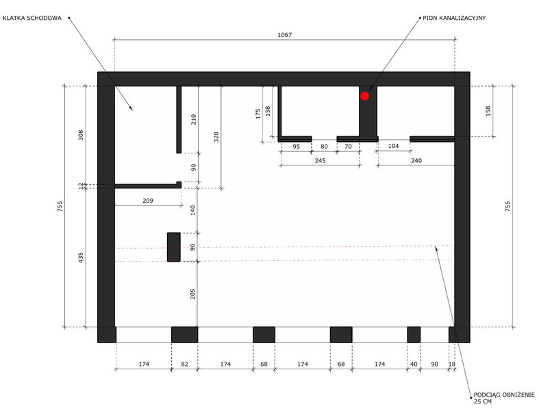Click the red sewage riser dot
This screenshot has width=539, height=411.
[365, 96]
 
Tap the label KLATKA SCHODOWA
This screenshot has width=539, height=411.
[32, 18]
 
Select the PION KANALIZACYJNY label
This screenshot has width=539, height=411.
[454, 18]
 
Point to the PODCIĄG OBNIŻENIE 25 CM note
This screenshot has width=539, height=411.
[504, 398]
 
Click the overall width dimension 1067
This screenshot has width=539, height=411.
[285, 35]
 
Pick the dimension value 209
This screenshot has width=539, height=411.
[148, 201]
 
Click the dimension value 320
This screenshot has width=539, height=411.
[216, 137]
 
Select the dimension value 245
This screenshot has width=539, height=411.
[320, 160]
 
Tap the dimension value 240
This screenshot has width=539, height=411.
[416, 160]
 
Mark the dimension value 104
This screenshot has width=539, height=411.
[393, 146]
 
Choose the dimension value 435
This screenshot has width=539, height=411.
[81, 258]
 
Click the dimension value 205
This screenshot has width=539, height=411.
[192, 294]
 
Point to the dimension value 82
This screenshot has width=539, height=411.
[185, 364]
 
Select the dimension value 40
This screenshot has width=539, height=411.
[414, 364]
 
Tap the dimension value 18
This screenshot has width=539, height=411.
[452, 364]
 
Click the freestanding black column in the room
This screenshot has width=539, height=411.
[174, 247]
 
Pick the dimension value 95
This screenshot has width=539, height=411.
[297, 146]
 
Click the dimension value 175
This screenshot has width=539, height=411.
[258, 114]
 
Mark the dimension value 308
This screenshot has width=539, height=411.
[81, 135]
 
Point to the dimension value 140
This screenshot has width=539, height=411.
[192, 210]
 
